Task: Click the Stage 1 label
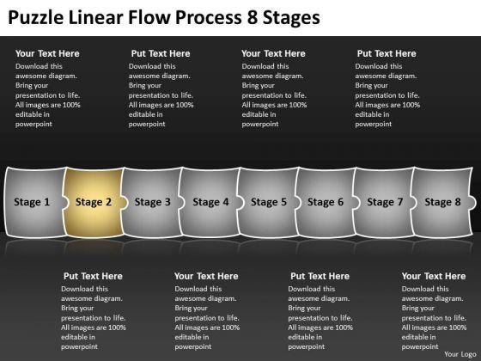(32, 202)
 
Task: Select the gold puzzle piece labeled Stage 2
(94, 203)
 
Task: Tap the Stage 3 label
(153, 202)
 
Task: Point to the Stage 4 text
(210, 202)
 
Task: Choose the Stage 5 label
(269, 202)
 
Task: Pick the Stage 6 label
(326, 202)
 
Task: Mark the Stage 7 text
(385, 202)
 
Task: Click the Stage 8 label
(442, 202)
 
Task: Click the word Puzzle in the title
(36, 17)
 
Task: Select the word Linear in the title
(96, 17)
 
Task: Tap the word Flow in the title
(149, 17)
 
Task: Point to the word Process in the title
(209, 17)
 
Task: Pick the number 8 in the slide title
(253, 17)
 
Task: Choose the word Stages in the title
(291, 18)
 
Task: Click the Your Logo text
(460, 354)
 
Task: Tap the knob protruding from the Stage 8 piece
(472, 203)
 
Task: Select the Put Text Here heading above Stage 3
(161, 53)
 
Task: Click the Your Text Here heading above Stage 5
(273, 53)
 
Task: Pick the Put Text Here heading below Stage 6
(320, 276)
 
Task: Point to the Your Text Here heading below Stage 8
(434, 276)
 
